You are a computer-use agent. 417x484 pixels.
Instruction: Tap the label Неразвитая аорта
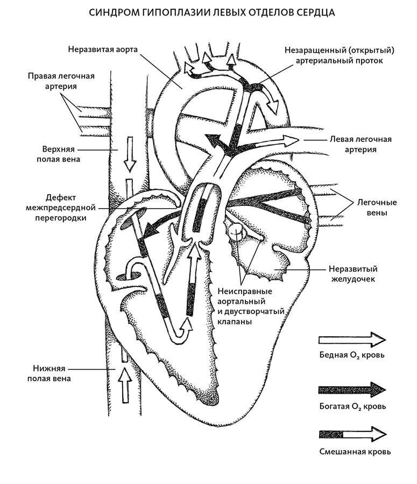104,49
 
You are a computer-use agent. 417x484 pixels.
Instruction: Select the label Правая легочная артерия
61,81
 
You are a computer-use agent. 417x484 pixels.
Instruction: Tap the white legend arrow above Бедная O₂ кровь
352,340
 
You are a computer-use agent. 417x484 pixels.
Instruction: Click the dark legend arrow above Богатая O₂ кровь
352,390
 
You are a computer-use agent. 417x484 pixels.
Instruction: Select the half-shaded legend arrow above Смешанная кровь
352,434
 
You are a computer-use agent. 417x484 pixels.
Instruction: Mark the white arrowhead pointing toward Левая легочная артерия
289,141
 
